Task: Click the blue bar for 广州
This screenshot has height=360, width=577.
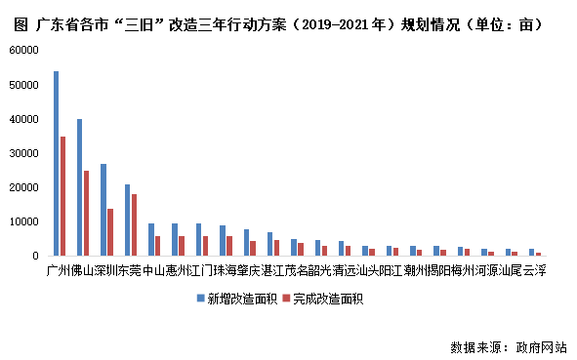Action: pyautogui.click(x=56, y=163)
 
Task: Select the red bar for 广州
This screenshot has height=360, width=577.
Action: pyautogui.click(x=62, y=195)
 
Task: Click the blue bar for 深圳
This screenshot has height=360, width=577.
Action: pyautogui.click(x=103, y=209)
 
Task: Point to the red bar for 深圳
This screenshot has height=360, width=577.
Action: pyautogui.click(x=110, y=232)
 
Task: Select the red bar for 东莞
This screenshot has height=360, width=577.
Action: pyautogui.click(x=134, y=224)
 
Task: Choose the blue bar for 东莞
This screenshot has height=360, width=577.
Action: pyautogui.click(x=127, y=220)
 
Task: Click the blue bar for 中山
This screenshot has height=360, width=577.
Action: pyautogui.click(x=150, y=239)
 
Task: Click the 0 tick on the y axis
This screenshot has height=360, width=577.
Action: pyautogui.click(x=32, y=256)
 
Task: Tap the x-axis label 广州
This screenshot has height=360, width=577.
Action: pyautogui.click(x=59, y=270)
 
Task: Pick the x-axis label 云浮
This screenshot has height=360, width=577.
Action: pyautogui.click(x=534, y=270)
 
